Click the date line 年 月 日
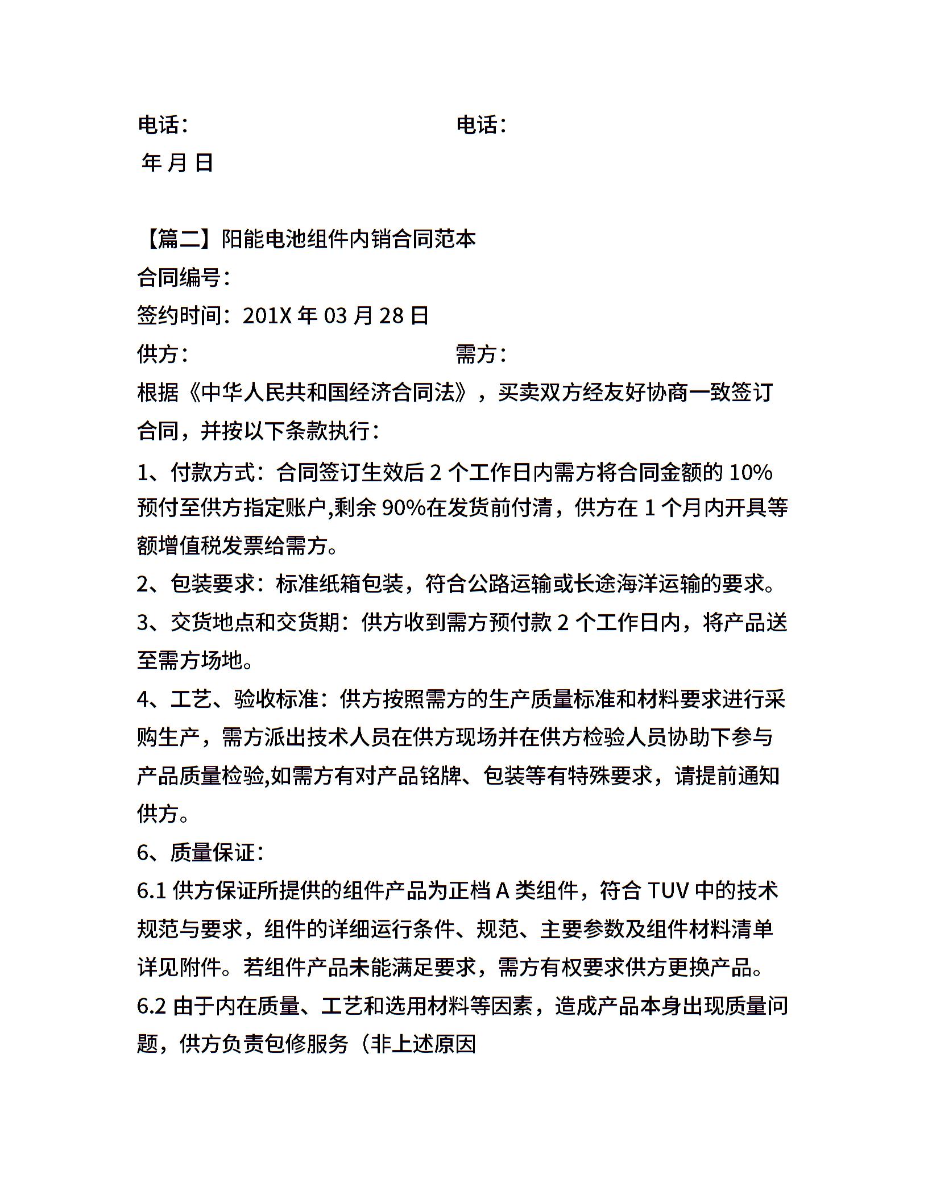[x=177, y=163]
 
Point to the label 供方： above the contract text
[x=163, y=354]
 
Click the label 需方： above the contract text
[x=481, y=354]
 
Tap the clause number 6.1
[x=151, y=891]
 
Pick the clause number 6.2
[x=151, y=1006]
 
